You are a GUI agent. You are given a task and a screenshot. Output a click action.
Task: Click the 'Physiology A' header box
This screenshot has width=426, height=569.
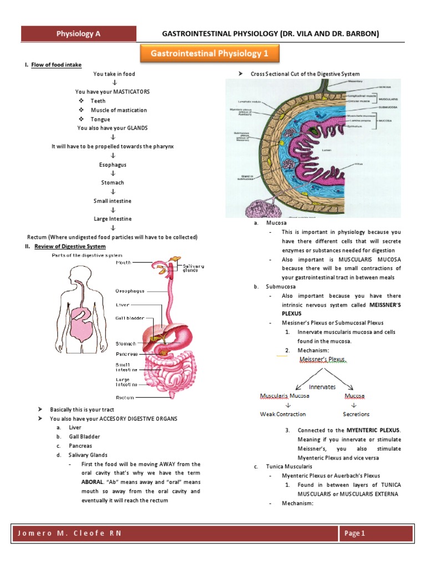(x=78, y=34)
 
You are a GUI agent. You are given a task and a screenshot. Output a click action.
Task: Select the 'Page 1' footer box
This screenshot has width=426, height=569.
(x=376, y=533)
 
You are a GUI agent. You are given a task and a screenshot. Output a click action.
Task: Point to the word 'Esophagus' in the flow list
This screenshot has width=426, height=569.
(x=113, y=164)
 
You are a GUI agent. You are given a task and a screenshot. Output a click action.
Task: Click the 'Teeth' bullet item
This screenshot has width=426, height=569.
(x=98, y=101)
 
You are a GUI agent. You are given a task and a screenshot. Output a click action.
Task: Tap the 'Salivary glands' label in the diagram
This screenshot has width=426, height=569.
(x=194, y=268)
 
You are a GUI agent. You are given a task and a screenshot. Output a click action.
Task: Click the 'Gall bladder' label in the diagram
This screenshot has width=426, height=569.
(x=130, y=318)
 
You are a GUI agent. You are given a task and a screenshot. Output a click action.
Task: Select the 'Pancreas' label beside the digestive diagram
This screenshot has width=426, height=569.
(x=126, y=353)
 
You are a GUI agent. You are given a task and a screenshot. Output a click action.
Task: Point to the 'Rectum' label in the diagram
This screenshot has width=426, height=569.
(x=125, y=397)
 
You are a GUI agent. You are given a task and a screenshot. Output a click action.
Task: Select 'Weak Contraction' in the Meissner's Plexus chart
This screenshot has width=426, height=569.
(x=283, y=414)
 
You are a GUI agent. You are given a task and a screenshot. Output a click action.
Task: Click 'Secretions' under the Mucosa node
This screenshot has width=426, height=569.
(x=356, y=414)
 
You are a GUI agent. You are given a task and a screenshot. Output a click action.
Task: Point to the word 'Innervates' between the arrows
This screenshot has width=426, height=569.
(x=322, y=386)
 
